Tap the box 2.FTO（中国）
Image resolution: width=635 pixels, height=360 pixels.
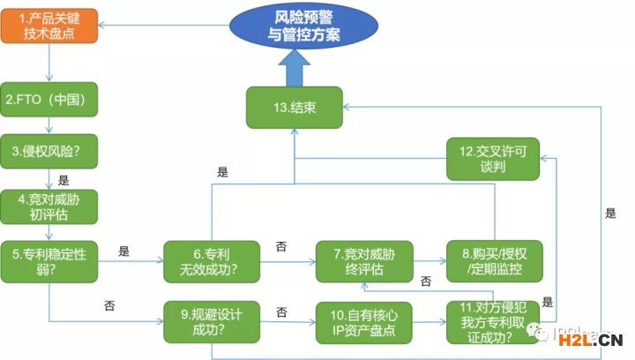point(49,100)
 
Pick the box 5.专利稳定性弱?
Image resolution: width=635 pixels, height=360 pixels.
point(49,261)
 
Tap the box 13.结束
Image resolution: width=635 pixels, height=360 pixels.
point(294,109)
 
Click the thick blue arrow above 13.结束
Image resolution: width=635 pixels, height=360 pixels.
point(294,65)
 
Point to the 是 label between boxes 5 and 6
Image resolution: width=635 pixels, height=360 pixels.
point(123,251)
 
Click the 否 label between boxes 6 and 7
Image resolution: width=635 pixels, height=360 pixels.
point(280,246)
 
